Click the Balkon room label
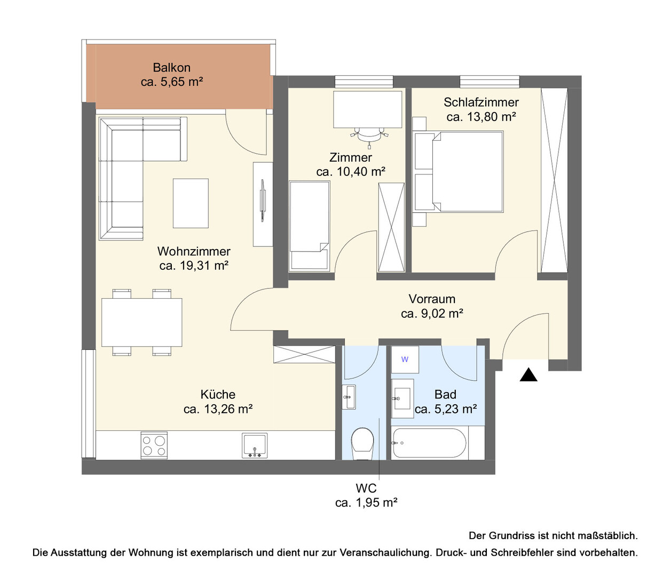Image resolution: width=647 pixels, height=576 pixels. tap(171, 68)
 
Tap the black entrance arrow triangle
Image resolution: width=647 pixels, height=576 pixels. tap(528, 374)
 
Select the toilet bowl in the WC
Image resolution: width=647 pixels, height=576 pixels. tap(362, 444)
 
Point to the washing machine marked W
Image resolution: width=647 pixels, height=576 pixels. tap(405, 359)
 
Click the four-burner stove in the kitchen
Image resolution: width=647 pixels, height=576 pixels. tap(154, 445)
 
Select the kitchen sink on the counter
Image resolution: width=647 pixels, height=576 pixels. tap(255, 445)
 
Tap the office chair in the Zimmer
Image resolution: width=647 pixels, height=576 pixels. tap(369, 137)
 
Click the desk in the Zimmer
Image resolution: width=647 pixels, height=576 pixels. tap(368, 109)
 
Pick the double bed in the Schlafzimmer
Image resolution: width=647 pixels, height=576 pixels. tap(458, 172)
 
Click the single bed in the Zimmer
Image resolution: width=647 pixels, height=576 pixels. tap(309, 226)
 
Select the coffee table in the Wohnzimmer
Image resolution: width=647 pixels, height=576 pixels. tap(191, 203)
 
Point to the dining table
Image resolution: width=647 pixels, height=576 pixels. tap(142, 322)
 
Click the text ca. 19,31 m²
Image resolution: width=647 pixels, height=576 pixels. tap(194, 266)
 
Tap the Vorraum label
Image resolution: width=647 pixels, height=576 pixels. tap(432, 299)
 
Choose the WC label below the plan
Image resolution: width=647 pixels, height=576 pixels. tap(366, 488)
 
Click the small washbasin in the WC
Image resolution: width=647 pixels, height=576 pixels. tap(349, 397)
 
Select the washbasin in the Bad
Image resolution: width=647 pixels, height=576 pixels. tap(403, 398)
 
